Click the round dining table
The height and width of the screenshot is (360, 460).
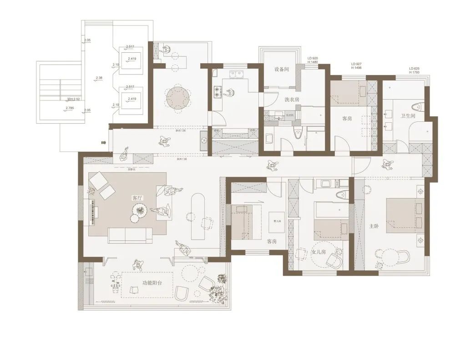click(x=177, y=97)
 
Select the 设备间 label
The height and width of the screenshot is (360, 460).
click(x=282, y=70)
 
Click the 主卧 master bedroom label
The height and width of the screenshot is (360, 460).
click(x=373, y=226)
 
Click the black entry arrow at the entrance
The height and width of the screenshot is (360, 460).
click(x=104, y=142)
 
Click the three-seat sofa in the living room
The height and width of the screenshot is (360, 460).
click(x=130, y=235)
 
